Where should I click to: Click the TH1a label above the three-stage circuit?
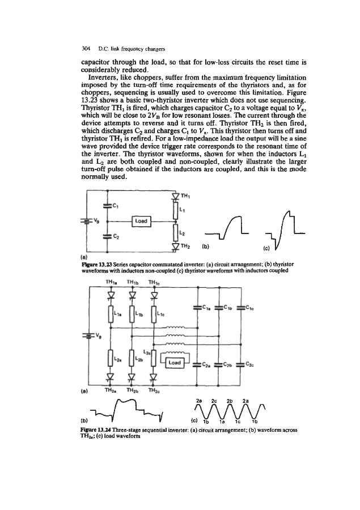click(111, 284)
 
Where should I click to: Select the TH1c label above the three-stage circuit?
click(155, 284)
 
